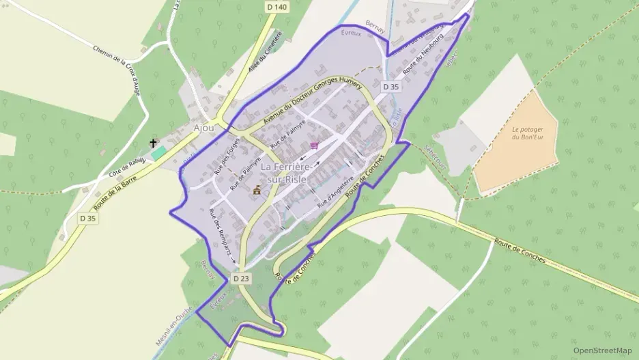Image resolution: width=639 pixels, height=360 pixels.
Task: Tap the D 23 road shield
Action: pyautogui.click(x=241, y=279)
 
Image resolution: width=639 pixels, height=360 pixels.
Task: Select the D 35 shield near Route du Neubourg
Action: pyautogui.click(x=390, y=87)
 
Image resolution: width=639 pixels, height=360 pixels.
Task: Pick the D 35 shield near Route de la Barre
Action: pyautogui.click(x=88, y=219)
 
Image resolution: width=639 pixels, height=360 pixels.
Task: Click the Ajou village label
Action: pyautogui.click(x=204, y=128)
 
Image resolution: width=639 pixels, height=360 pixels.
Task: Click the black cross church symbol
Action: pyautogui.click(x=154, y=143)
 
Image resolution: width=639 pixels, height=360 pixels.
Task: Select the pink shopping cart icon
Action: pyautogui.click(x=315, y=145)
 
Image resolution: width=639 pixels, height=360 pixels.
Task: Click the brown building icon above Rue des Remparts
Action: pyautogui.click(x=257, y=191)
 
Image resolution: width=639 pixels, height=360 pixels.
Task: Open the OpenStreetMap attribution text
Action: pyautogui.click(x=603, y=350)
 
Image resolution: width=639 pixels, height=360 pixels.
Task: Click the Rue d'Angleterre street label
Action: pyautogui.click(x=335, y=193)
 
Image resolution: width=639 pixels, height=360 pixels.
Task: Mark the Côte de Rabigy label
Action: pyautogui.click(x=128, y=167)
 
